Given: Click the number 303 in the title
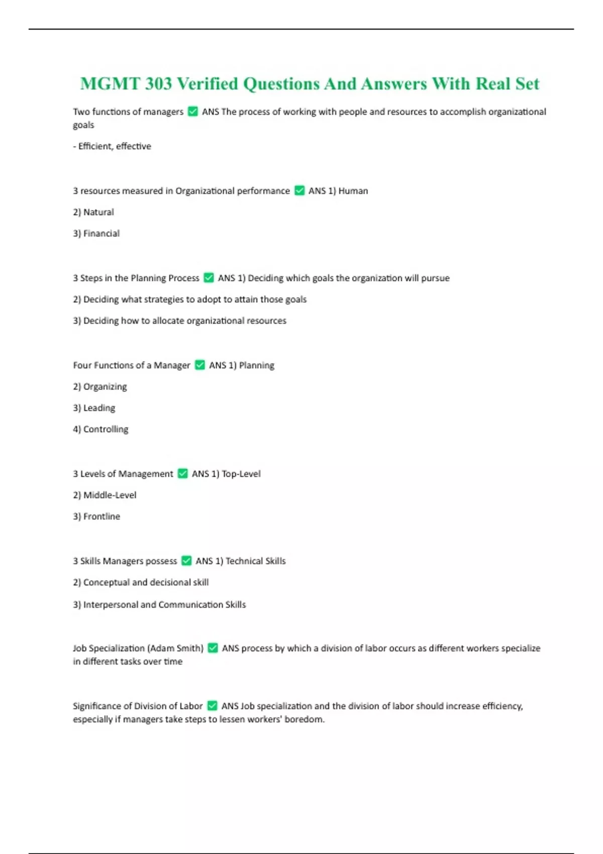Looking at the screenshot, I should [158, 84].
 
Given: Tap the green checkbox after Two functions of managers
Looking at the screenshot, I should [192, 112].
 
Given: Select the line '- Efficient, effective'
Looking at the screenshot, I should [112, 146].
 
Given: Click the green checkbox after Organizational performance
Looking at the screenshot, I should [299, 191].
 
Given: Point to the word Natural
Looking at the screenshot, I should [98, 212].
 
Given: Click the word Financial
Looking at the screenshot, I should [102, 234].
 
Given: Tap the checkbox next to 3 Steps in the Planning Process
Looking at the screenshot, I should [209, 278].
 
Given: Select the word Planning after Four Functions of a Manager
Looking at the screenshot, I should [256, 365].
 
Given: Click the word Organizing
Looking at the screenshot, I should [105, 387].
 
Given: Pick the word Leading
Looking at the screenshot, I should [99, 408].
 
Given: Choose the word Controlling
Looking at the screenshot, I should [106, 430].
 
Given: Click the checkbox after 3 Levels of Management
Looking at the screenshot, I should [183, 474].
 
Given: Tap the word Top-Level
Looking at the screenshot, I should [241, 474].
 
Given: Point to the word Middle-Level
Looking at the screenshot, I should [110, 495].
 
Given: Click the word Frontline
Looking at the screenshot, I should [102, 516].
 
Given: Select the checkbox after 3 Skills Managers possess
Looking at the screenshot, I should [186, 561].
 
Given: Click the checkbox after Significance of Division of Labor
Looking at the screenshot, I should [212, 706].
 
